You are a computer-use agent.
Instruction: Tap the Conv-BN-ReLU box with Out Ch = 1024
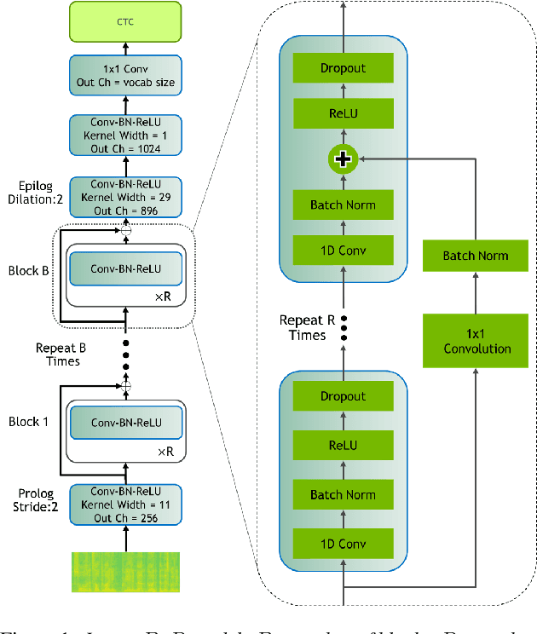pos(126,135)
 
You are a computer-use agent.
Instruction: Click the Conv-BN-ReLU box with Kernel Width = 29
pos(126,196)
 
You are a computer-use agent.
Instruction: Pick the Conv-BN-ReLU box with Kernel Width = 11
pos(126,504)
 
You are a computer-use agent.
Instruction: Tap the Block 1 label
pos(30,421)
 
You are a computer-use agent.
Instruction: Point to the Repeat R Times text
pos(303,328)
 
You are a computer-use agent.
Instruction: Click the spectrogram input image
pos(126,572)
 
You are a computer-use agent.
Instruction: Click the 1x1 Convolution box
pos(476,341)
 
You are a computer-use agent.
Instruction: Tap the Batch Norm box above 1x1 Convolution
pos(476,256)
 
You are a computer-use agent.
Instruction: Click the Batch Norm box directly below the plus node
pos(344,205)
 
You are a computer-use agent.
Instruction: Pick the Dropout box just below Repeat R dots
pos(344,396)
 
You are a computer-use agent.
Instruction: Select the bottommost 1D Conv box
pos(344,544)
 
